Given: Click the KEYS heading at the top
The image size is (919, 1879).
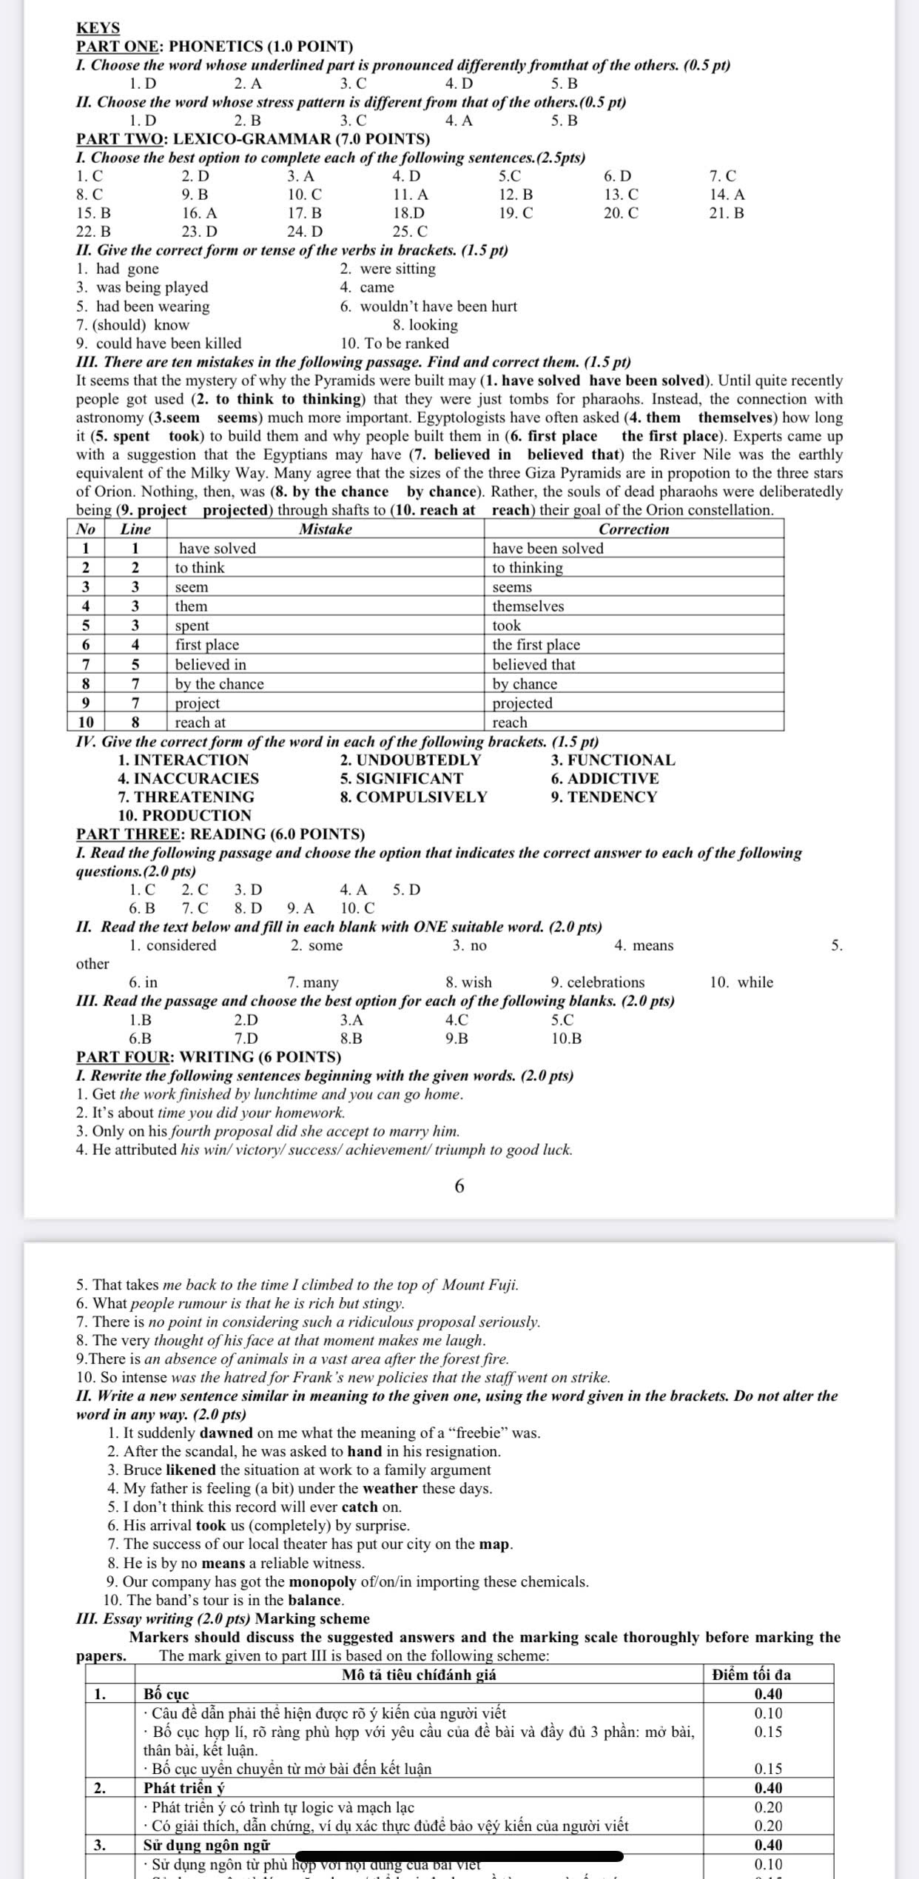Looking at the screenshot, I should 98,28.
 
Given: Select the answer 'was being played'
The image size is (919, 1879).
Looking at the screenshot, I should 152,287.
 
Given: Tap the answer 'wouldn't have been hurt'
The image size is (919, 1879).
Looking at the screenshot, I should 438,307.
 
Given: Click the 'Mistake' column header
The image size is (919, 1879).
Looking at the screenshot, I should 325,529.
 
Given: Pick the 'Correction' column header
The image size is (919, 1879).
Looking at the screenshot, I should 633,529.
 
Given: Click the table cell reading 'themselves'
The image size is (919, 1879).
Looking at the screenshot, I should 528,606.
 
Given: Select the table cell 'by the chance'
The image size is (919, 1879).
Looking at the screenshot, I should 219,684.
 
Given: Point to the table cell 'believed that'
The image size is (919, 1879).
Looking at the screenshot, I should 533,665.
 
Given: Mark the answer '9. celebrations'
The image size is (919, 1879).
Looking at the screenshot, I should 597,982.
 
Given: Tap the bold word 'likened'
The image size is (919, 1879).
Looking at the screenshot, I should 191,1470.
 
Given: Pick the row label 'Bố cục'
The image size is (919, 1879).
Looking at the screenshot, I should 166,1694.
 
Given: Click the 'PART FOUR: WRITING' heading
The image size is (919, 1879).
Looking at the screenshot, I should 209,1056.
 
